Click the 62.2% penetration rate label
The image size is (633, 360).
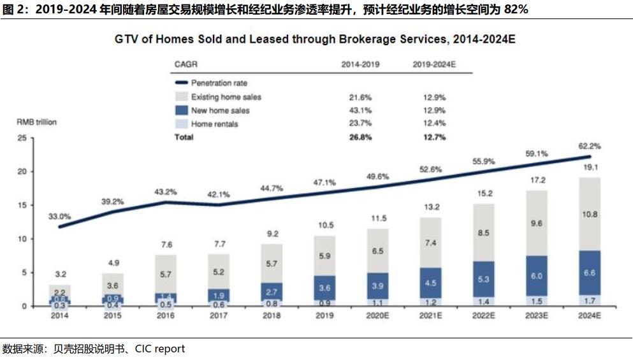pos(590,146)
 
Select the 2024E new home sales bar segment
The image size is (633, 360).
pos(590,273)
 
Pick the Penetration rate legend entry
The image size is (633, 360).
pos(219,83)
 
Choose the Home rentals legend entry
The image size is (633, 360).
pos(215,124)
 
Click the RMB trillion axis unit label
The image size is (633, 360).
pos(36,122)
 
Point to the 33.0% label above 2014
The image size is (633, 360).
pos(60,217)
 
